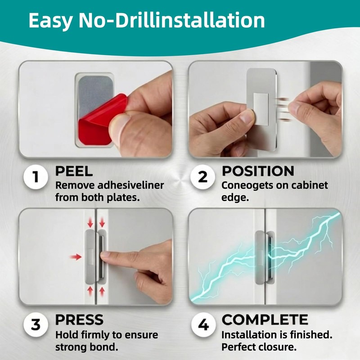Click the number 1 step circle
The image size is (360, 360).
pyautogui.click(x=36, y=177)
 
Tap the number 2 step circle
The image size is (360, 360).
pyautogui.click(x=202, y=177)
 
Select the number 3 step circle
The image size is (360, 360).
pyautogui.click(x=36, y=325)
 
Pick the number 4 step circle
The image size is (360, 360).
pyautogui.click(x=203, y=325)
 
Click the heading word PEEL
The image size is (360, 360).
pyautogui.click(x=74, y=171)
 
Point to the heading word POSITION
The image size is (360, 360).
pyautogui.click(x=258, y=171)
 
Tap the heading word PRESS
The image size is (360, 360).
pyautogui.click(x=79, y=319)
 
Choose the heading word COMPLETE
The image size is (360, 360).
pyautogui.click(x=265, y=319)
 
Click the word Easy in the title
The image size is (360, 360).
pyautogui.click(x=50, y=21)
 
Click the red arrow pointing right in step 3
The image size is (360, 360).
pyautogui.click(x=76, y=257)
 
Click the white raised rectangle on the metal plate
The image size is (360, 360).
pyautogui.click(x=261, y=109)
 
